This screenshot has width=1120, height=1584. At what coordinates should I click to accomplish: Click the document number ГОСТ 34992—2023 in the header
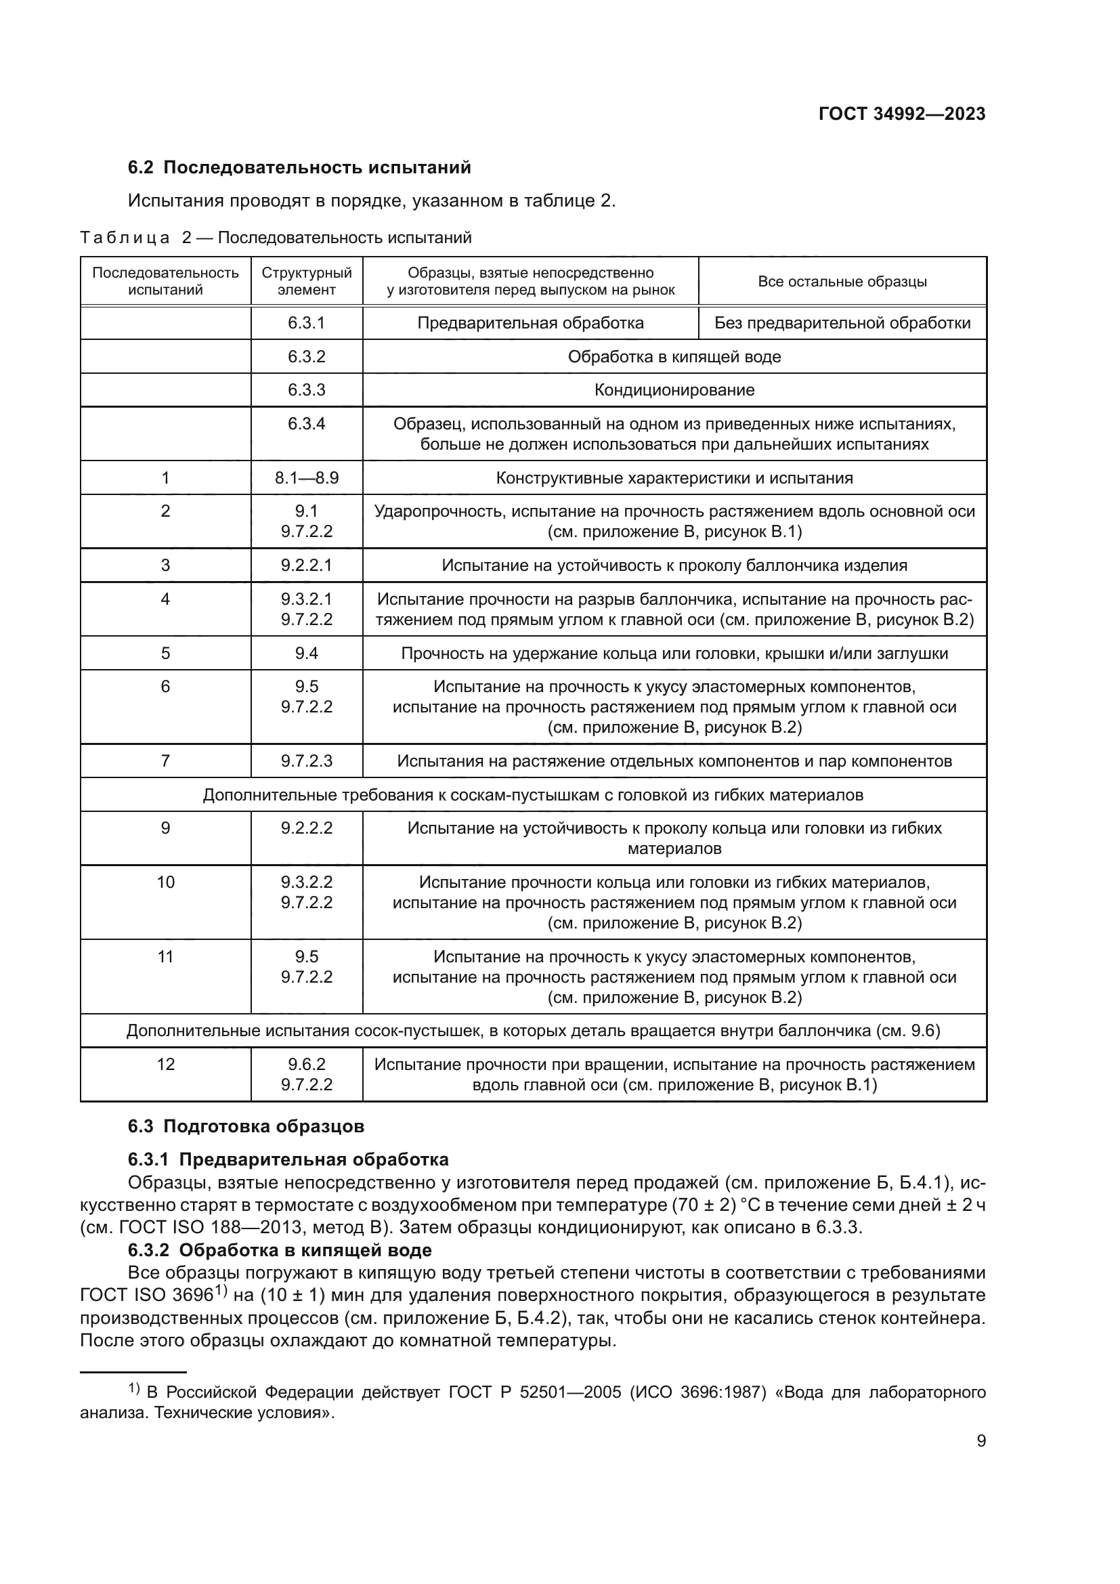[x=901, y=114]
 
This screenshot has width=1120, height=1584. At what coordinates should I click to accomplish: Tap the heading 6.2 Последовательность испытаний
[x=299, y=168]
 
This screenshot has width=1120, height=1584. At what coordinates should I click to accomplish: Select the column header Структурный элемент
[x=306, y=281]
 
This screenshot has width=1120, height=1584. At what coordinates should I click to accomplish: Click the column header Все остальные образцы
[x=842, y=282]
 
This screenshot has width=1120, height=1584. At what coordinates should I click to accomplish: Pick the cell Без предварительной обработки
[x=842, y=323]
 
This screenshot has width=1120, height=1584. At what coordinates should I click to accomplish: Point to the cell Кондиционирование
[x=674, y=390]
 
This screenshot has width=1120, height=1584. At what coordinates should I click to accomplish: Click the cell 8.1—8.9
[x=306, y=478]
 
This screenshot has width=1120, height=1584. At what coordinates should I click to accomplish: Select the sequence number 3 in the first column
[x=165, y=565]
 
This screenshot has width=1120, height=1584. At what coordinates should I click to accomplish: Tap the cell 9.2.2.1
[x=306, y=565]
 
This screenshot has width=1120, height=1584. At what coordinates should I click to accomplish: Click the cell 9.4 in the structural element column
[x=306, y=654]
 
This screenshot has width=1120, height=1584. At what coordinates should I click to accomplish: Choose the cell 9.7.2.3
[x=306, y=761]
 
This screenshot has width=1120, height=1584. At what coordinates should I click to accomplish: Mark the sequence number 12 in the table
[x=165, y=1064]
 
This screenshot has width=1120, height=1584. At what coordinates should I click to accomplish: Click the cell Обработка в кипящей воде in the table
[x=674, y=357]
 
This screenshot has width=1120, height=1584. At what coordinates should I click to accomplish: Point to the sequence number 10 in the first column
[x=165, y=882]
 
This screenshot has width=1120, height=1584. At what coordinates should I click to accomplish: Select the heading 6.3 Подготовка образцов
[x=246, y=1127]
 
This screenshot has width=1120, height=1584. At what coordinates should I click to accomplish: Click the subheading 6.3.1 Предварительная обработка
[x=288, y=1159]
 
